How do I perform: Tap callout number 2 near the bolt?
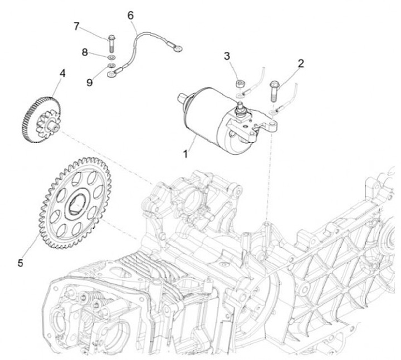301,63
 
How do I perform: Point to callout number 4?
62,73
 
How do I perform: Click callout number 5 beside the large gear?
21,262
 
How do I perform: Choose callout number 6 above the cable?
131,15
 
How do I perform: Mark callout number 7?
77,26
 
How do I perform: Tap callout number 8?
85,52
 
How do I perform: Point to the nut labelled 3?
239,84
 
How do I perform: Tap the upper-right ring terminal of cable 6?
177,48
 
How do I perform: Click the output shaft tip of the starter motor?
180,98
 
